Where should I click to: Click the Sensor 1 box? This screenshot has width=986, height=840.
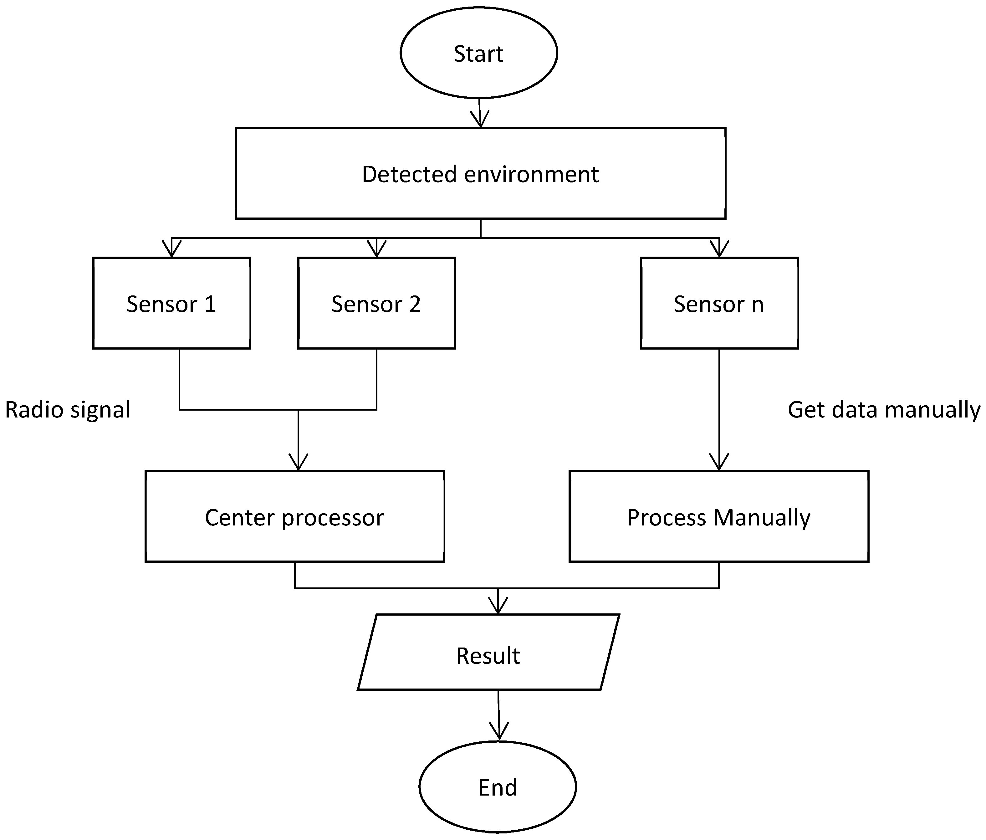pos(171,303)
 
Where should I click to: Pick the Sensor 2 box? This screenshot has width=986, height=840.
pos(376,303)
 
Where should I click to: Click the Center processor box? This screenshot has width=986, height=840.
pos(294,516)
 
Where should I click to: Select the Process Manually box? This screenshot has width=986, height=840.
pos(718,516)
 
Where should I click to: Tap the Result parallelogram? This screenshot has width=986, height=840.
pos(488,655)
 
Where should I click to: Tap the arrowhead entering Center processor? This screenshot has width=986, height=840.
pos(299,463)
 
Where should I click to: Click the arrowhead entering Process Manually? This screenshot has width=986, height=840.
pos(719,463)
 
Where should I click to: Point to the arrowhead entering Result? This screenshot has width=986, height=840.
pos(498,606)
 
